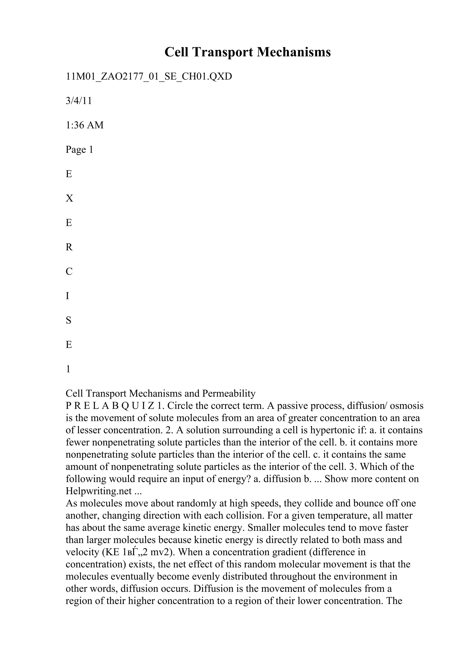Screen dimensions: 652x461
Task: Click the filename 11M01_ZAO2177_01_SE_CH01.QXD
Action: pos(149,76)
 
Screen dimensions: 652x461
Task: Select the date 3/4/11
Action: pos(79,101)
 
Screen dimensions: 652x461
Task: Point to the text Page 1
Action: pos(79,149)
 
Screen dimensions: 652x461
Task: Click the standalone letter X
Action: pos(69,198)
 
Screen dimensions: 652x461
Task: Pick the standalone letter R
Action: pos(69,247)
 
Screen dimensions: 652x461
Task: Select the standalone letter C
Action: pos(69,272)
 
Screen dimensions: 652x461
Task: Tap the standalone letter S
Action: pos(68,320)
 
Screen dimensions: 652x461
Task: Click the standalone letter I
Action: pos(67,296)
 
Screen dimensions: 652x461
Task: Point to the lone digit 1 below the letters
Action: pos(68,369)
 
